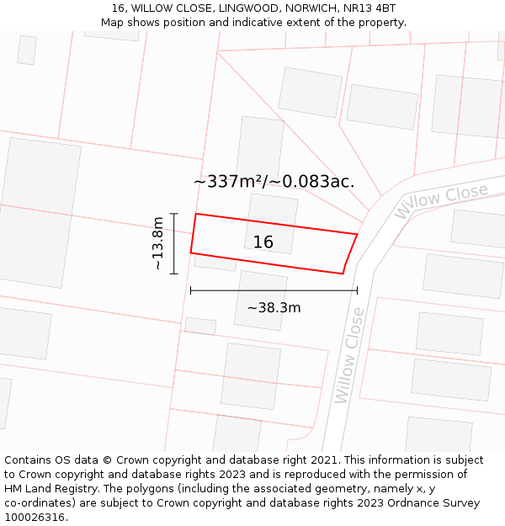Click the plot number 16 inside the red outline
263,242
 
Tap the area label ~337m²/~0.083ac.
274,181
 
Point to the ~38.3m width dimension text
274,308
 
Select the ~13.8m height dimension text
157,243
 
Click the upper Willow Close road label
441,201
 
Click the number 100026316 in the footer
35,518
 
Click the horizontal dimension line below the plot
274,290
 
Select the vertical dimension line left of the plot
173,243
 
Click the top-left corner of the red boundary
196,214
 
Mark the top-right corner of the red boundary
357,234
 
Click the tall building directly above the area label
260,147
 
